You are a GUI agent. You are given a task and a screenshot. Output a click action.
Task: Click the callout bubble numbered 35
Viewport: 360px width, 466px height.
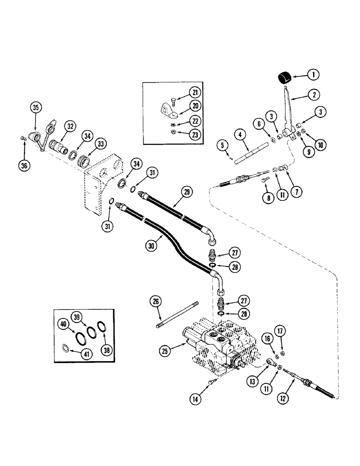click(x=36, y=108)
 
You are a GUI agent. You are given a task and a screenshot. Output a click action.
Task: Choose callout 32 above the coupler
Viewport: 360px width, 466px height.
click(x=70, y=126)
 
